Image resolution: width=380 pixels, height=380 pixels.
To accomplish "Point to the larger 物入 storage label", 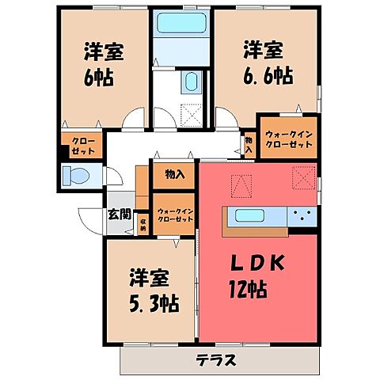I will pyautogui.click(x=175, y=174).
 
